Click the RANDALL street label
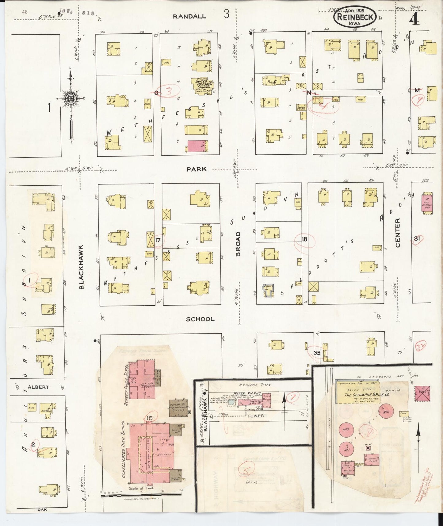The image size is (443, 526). [189, 17]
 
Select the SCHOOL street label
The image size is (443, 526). [200, 319]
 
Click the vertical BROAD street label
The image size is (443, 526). [238, 244]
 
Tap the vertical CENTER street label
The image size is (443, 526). [398, 233]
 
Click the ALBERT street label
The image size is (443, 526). [38, 387]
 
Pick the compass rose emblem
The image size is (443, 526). [71, 99]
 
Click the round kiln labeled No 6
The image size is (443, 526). [386, 412]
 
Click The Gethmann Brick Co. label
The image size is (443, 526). [363, 395]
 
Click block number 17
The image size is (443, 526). [158, 240]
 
